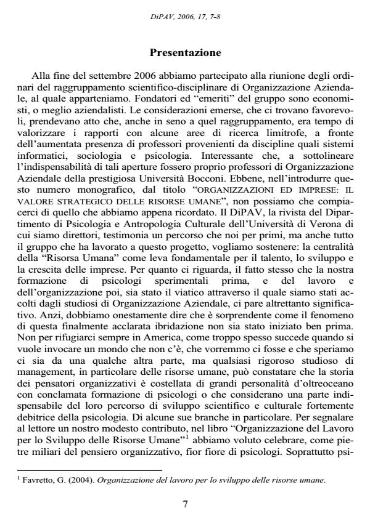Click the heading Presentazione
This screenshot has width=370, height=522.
(184, 45)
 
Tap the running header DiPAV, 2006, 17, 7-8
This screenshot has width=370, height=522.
(185, 17)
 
